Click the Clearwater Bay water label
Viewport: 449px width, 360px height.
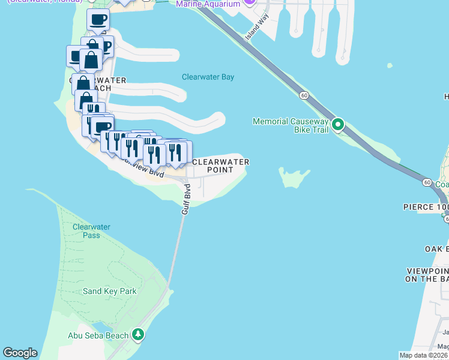(208, 77)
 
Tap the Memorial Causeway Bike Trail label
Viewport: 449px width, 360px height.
(291, 125)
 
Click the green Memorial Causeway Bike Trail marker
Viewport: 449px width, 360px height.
(338, 125)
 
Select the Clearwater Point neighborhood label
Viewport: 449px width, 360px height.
(220, 166)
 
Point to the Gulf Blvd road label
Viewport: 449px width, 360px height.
(187, 200)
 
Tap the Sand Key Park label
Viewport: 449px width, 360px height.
(110, 292)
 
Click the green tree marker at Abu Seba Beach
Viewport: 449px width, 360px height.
(139, 334)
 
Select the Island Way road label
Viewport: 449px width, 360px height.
(256, 28)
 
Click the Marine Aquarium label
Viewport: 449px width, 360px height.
(208, 4)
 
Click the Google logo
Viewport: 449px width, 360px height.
(20, 353)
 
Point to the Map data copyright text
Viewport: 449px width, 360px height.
(424, 355)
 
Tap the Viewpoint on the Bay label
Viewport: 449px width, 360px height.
(427, 275)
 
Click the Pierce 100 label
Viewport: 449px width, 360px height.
(426, 207)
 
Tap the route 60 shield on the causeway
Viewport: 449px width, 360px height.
(305, 95)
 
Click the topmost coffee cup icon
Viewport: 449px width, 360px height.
(98, 19)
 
